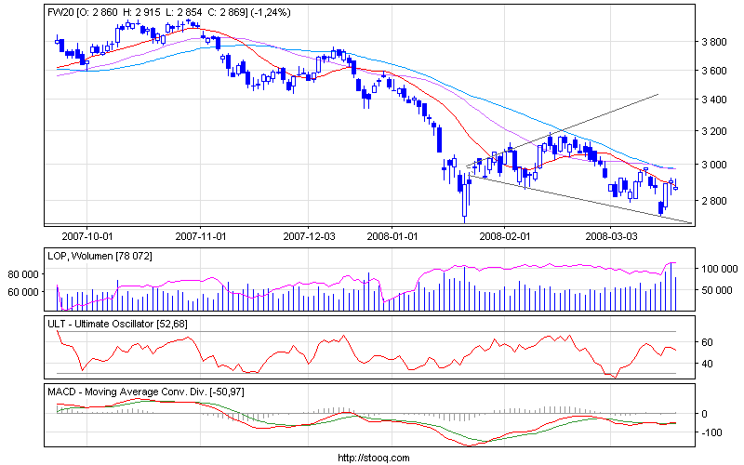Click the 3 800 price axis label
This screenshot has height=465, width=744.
pyautogui.click(x=714, y=42)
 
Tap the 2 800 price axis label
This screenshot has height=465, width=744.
pyautogui.click(x=714, y=201)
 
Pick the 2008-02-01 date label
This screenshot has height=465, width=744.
pyautogui.click(x=505, y=237)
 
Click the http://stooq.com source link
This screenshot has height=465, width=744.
pyautogui.click(x=372, y=458)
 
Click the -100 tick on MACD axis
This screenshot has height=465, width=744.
pyautogui.click(x=711, y=432)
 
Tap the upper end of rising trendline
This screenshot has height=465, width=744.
pyautogui.click(x=658, y=94)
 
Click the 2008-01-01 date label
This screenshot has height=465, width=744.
pyautogui.click(x=392, y=237)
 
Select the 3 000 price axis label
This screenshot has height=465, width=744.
pyautogui.click(x=714, y=165)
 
